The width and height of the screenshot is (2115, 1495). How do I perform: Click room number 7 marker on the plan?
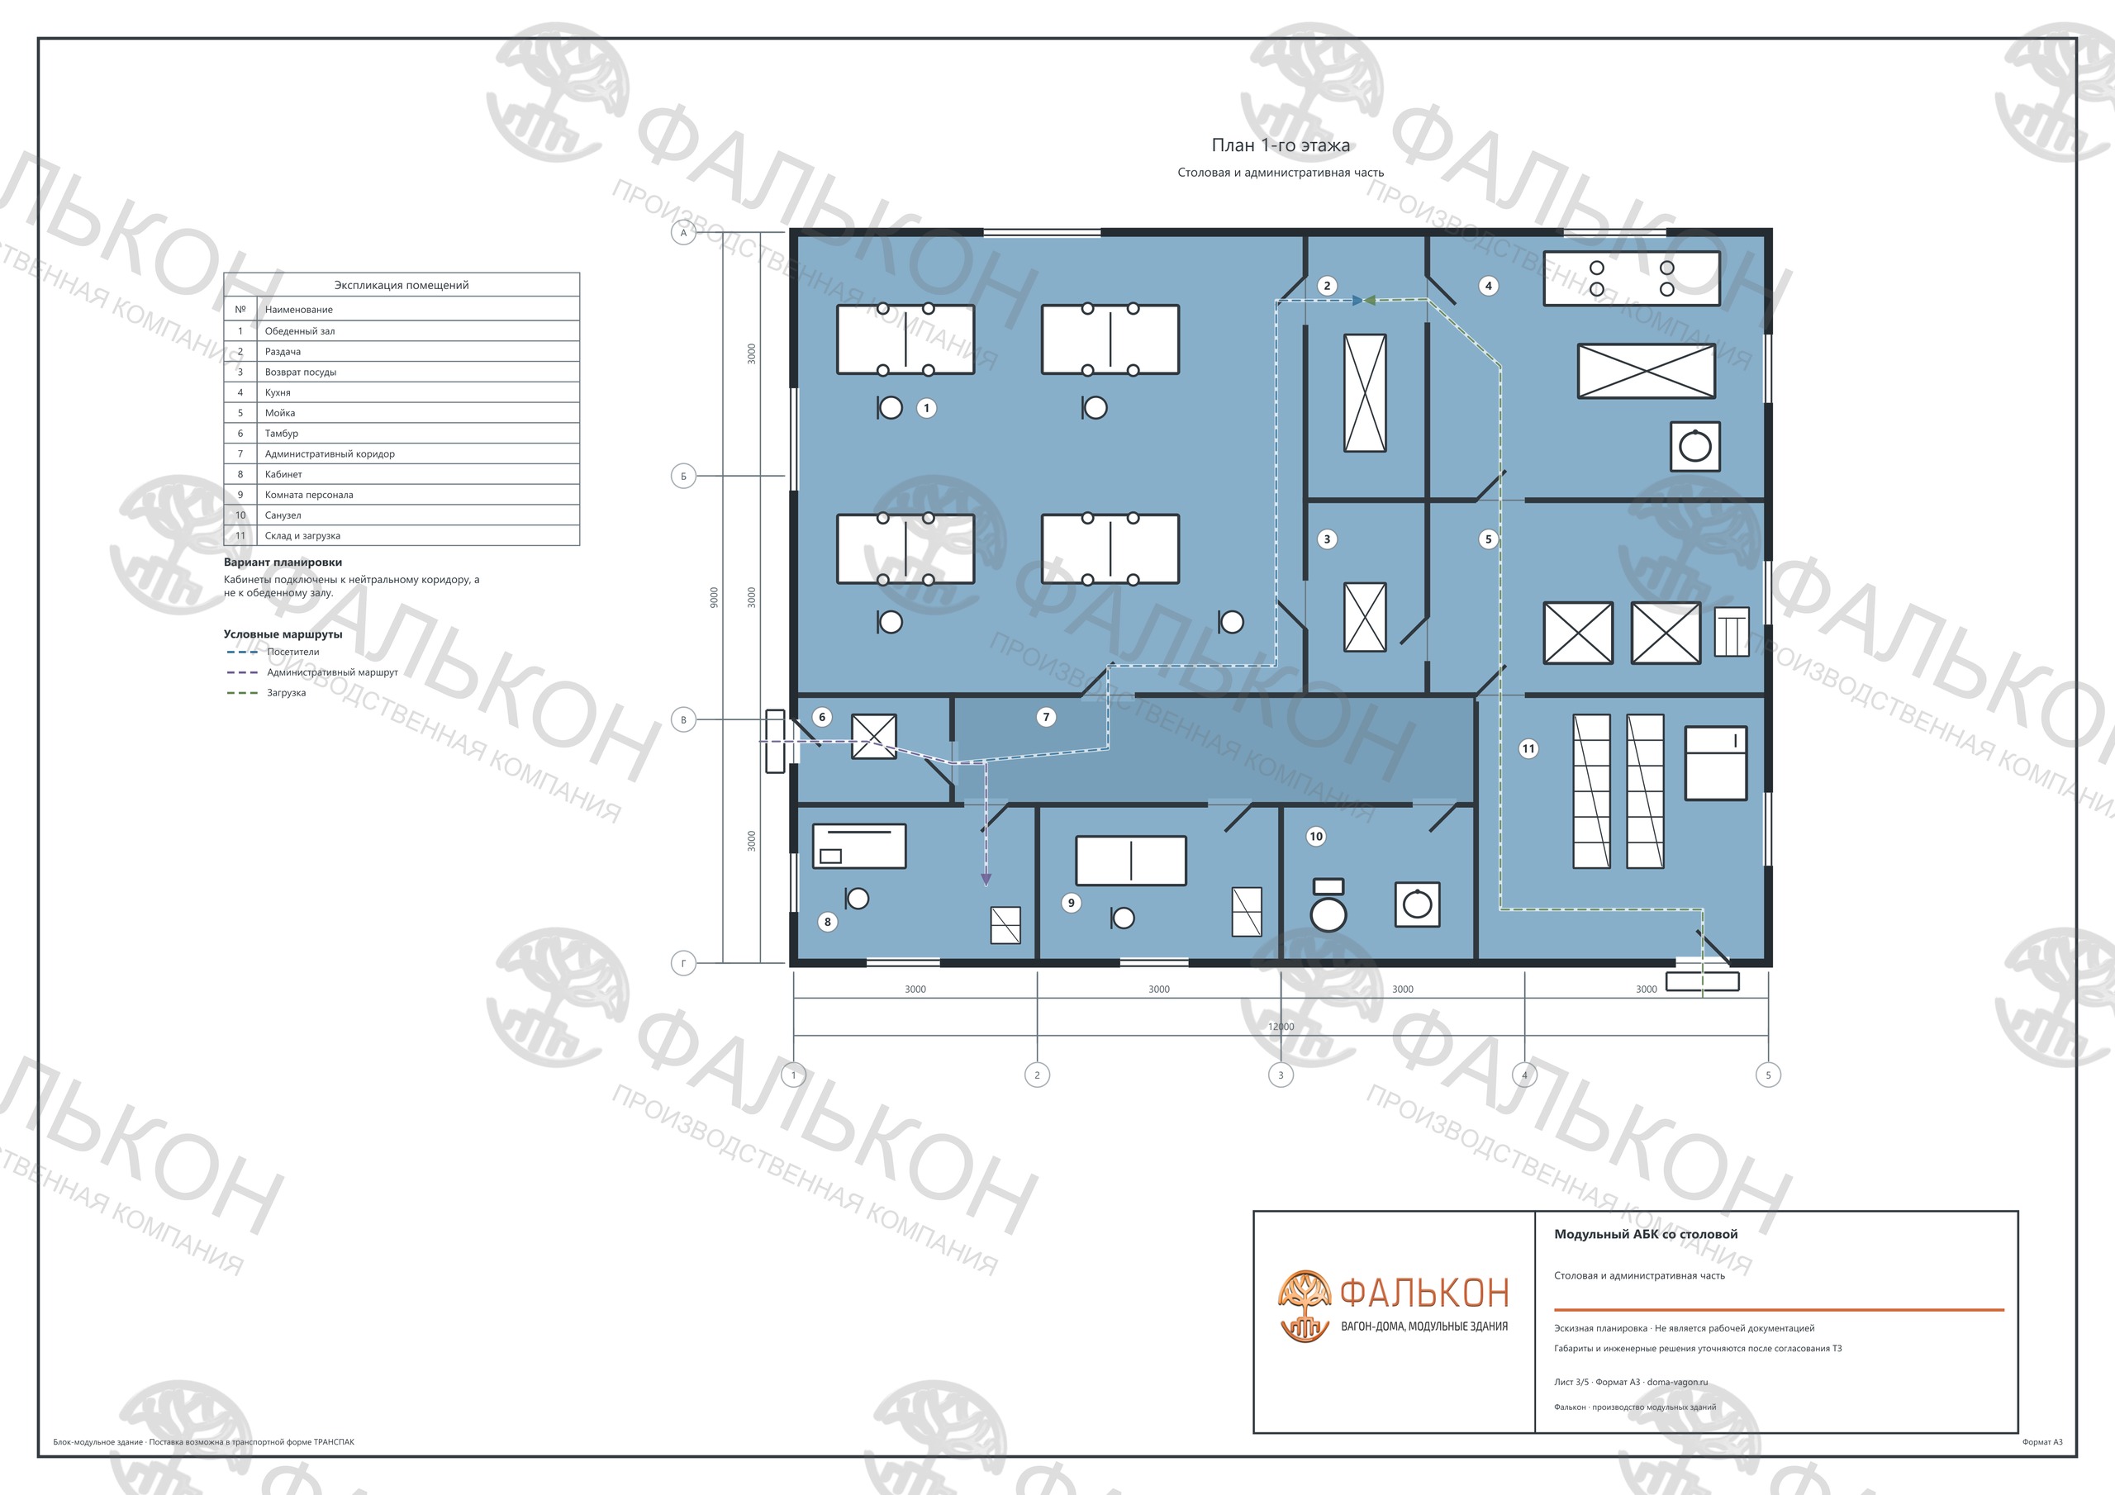tap(1046, 717)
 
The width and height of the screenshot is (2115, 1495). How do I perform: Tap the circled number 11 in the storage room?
tap(1528, 748)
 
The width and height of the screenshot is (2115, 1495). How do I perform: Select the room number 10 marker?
tap(1315, 836)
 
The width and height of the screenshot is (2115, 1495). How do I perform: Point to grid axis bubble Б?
tap(683, 477)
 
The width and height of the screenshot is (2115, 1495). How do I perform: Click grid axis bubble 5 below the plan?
tap(1768, 1074)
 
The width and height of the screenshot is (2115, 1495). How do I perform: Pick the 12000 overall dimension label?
tap(1281, 1026)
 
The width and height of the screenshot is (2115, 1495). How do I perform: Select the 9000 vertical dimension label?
tap(714, 597)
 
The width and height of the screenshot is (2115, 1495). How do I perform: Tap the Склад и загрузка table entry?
tap(302, 535)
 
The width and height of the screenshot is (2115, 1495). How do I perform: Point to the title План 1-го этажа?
tap(1281, 145)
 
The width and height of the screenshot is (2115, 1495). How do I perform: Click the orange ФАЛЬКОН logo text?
tap(1424, 1293)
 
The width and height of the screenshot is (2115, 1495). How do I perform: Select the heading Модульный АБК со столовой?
tap(1646, 1233)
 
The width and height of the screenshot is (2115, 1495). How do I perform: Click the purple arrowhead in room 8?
tap(986, 880)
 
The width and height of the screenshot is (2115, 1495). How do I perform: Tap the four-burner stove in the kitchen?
tap(1632, 278)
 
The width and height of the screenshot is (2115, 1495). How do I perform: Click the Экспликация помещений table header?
tap(402, 285)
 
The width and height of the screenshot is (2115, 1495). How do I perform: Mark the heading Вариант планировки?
tap(283, 562)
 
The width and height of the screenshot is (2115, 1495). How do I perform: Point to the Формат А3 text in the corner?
tap(2042, 1441)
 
